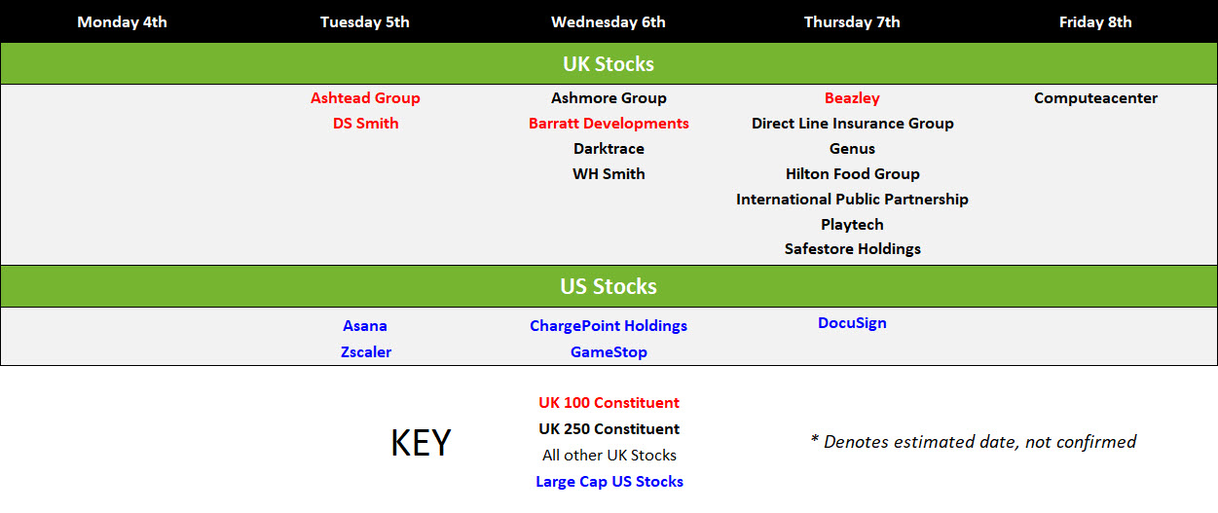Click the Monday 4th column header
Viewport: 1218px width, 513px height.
coord(122,22)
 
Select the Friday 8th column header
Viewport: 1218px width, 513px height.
coord(1095,22)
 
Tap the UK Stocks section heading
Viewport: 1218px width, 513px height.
coord(609,64)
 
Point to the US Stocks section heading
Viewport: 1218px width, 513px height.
coord(609,286)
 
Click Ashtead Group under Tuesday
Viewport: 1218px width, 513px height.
coord(365,98)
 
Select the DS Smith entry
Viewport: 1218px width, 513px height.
coord(365,124)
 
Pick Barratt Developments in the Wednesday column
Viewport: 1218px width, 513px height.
coord(609,124)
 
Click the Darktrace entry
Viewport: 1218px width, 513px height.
coord(609,148)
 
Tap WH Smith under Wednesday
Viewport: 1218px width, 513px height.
coord(609,174)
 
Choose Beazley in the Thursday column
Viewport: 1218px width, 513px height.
coord(852,98)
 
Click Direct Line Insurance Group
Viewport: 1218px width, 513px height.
coord(852,124)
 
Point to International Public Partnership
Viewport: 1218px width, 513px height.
coord(852,200)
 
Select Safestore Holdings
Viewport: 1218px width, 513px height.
coord(852,249)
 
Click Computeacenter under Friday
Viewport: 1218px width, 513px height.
coord(1095,98)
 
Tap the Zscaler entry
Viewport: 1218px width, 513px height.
coord(366,352)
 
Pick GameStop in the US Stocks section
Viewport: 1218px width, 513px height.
coord(609,352)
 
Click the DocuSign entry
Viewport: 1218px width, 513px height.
coord(852,323)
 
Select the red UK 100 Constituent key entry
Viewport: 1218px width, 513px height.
coord(609,403)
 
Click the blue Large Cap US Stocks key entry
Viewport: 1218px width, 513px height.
coord(609,482)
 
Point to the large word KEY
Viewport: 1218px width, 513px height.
coord(421,442)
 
